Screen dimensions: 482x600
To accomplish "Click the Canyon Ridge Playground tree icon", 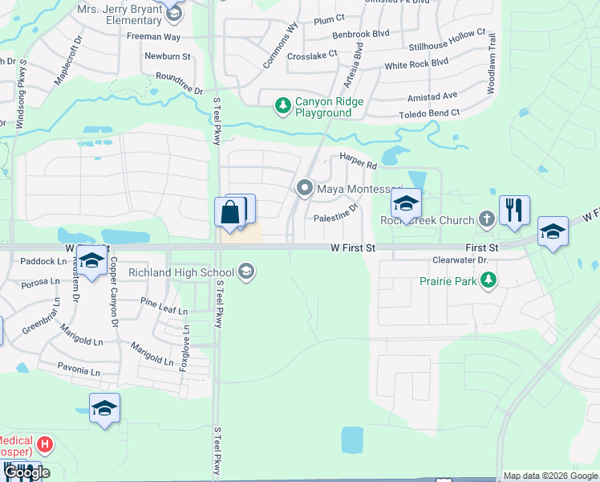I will point(282,105).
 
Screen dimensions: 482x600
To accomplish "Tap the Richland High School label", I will point(195,272).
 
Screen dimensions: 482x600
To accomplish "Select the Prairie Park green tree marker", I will point(486,280).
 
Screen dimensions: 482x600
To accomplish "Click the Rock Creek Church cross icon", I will point(486,219).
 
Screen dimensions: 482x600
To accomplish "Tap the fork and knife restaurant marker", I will point(513,210).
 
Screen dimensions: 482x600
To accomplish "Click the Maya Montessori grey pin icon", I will point(305,189).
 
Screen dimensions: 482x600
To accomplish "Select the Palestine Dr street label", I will point(335,217).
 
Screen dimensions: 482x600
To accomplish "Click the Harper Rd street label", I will point(358,160).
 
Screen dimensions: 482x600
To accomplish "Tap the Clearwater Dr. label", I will point(460,260).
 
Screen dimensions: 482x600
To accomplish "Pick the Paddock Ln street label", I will point(43,261).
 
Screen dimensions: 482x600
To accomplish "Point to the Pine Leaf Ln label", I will point(163,306).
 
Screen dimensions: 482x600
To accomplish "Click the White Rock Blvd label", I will point(416,63).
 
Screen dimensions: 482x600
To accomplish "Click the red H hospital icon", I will point(46,443).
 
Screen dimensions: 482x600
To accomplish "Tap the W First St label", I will point(353,249).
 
